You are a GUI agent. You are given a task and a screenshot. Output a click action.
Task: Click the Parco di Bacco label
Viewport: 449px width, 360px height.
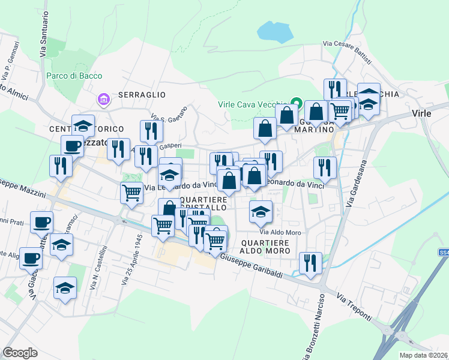[x=74, y=76]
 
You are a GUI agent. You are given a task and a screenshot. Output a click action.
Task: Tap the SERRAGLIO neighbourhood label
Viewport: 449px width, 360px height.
[x=141, y=95]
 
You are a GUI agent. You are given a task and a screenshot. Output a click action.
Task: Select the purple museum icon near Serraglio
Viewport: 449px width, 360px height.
[x=103, y=98]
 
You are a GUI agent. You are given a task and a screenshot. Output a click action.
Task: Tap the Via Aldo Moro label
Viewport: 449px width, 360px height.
[x=279, y=232]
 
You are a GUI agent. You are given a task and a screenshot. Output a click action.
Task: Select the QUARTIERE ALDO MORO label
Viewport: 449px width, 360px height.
[x=265, y=247]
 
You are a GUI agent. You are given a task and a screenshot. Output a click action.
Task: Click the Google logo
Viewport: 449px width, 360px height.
[x=20, y=353]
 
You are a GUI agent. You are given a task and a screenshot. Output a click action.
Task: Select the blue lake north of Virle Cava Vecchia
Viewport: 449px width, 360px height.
[x=276, y=31]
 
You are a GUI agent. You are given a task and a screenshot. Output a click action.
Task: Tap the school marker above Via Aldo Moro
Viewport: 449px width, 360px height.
[x=261, y=211]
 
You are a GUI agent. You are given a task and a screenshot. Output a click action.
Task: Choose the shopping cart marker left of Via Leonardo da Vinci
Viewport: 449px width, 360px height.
[x=131, y=193]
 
